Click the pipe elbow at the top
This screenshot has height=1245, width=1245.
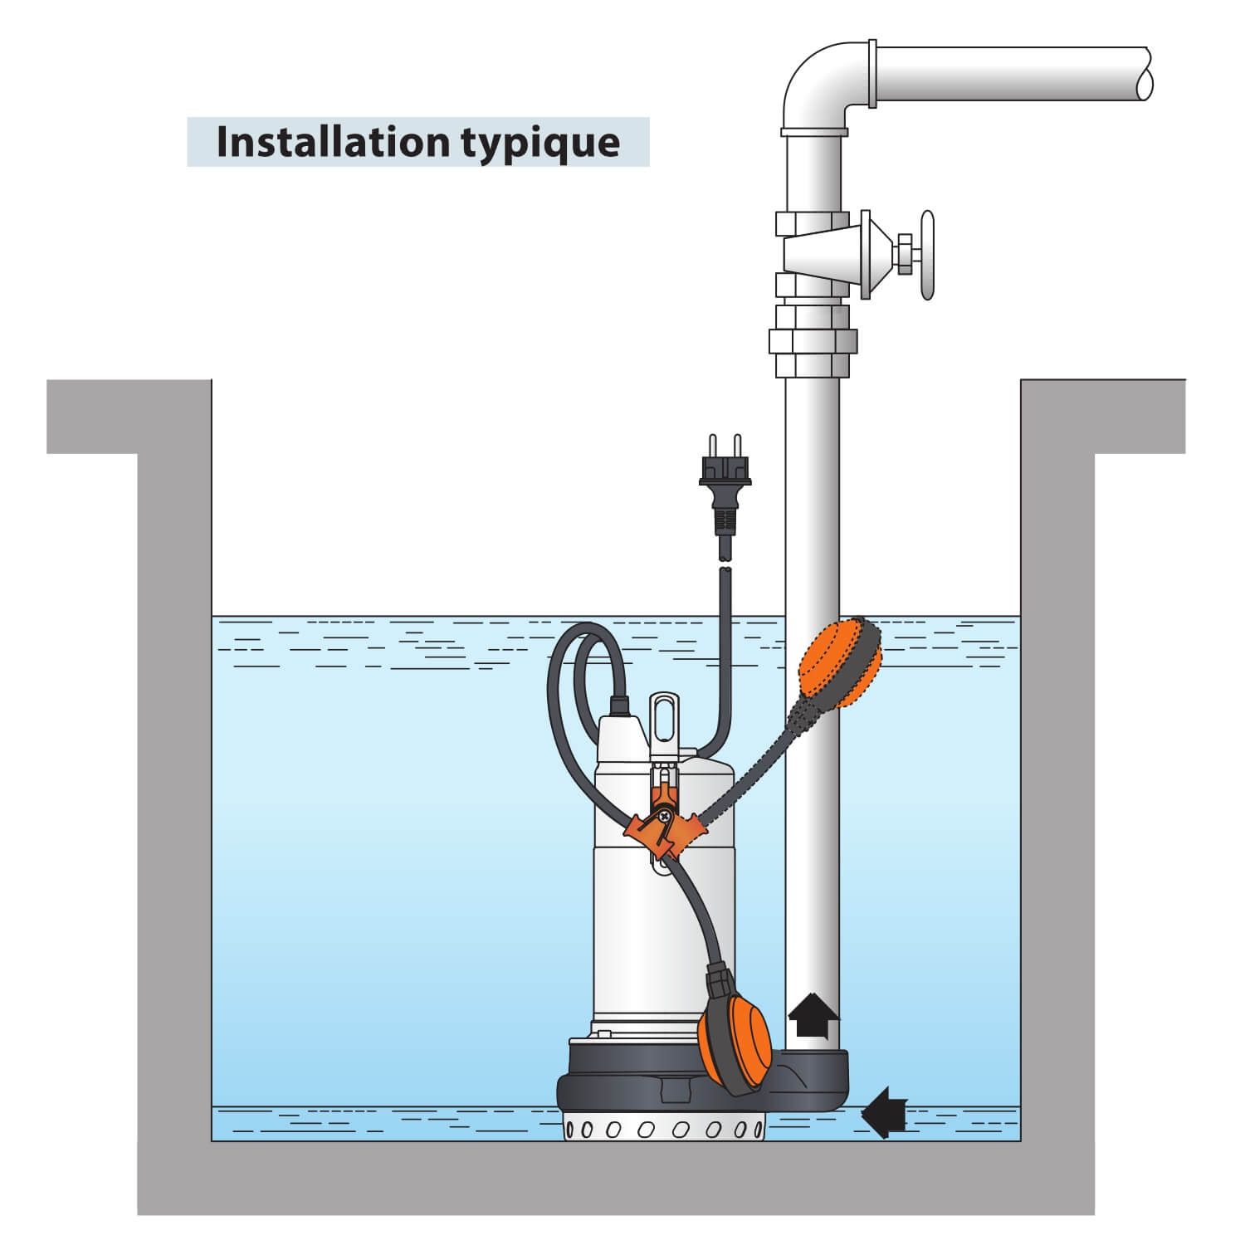(x=817, y=83)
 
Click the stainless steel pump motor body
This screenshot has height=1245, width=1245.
(x=631, y=913)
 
